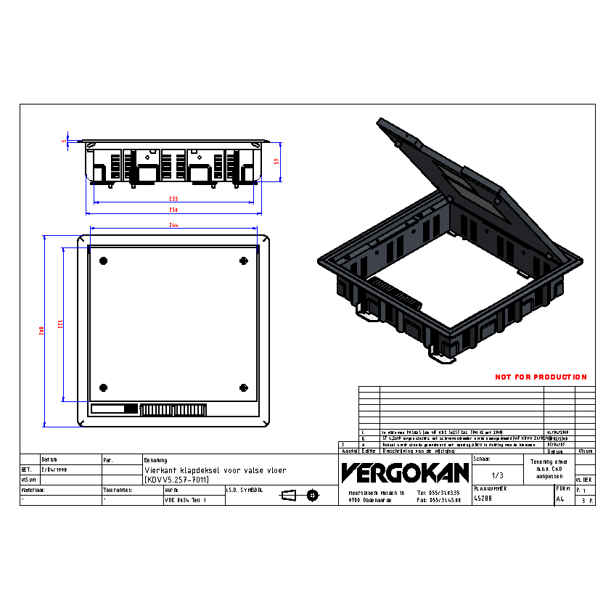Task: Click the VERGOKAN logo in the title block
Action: pyautogui.click(x=405, y=473)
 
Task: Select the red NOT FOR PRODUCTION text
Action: pyautogui.click(x=541, y=377)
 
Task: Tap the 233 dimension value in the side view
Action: pyautogui.click(x=173, y=198)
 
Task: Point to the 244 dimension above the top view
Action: pyautogui.click(x=173, y=226)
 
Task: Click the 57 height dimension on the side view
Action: pyautogui.click(x=276, y=163)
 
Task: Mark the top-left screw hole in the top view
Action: pyautogui.click(x=103, y=261)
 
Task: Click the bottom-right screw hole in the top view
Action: pyautogui.click(x=243, y=386)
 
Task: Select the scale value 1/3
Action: pyautogui.click(x=497, y=475)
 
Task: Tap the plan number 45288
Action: pyautogui.click(x=483, y=499)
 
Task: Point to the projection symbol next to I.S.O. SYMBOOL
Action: pyautogui.click(x=300, y=496)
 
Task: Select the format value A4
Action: pyautogui.click(x=559, y=499)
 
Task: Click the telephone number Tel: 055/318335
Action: pyautogui.click(x=440, y=492)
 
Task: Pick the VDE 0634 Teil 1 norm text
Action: pyautogui.click(x=186, y=501)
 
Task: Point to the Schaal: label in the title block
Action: pyautogui.click(x=483, y=459)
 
